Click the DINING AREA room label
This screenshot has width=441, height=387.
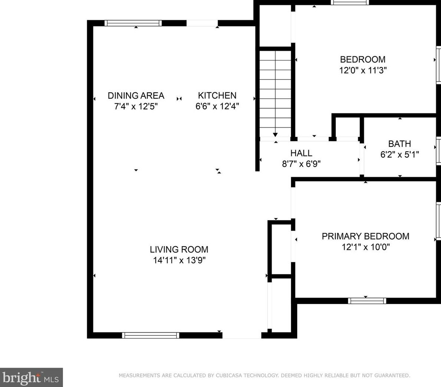coord(136,96)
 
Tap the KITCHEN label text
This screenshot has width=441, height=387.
coord(217,96)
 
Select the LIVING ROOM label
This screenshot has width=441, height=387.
coord(179,249)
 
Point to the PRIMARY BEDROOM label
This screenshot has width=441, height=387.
coord(366,236)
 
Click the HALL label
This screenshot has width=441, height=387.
coord(301,153)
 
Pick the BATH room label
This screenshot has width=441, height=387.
coord(399,144)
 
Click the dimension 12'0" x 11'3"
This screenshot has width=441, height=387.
coord(363,70)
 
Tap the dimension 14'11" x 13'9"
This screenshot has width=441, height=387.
coord(179,260)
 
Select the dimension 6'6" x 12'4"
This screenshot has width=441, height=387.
coord(217,106)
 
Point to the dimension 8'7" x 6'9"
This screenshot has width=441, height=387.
coord(301,164)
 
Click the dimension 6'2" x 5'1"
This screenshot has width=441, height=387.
coord(399,155)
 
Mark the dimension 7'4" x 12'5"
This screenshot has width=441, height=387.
coord(136,106)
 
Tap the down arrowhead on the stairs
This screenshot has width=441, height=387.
coord(275,135)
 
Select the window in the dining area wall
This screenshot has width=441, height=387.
coord(133,23)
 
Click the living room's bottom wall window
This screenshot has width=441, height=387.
coord(150,335)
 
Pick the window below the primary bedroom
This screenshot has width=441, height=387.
coord(367,301)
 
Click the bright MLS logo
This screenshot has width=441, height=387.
coord(31,377)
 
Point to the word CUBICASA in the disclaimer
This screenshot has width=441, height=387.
coord(229,376)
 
